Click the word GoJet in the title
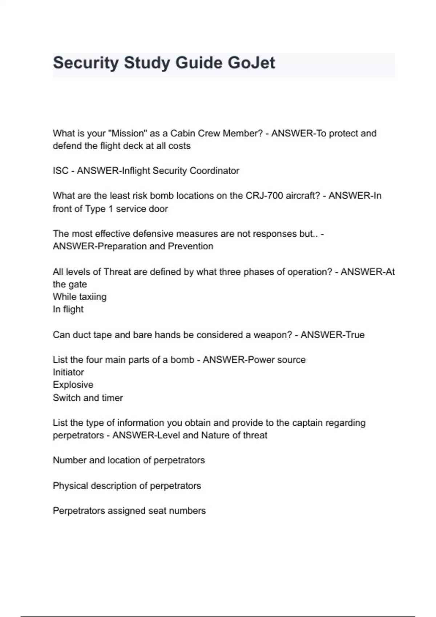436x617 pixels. tap(251, 63)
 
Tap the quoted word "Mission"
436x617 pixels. tap(128, 133)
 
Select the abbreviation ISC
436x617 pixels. tap(60, 171)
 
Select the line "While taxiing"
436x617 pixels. tap(80, 297)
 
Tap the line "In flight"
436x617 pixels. tap(68, 309)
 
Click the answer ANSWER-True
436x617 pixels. tap(332, 335)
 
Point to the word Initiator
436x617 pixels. tap(68, 372)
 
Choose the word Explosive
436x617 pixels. tap(73, 385)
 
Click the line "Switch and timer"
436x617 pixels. tap(88, 398)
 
